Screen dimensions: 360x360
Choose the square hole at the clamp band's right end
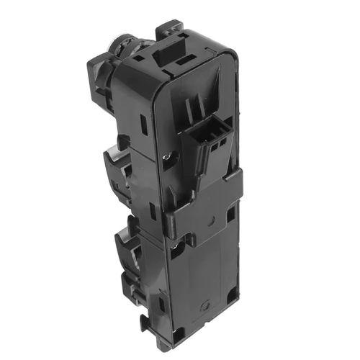(x=230, y=214)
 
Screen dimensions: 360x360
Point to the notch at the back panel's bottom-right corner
(x=232, y=295)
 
